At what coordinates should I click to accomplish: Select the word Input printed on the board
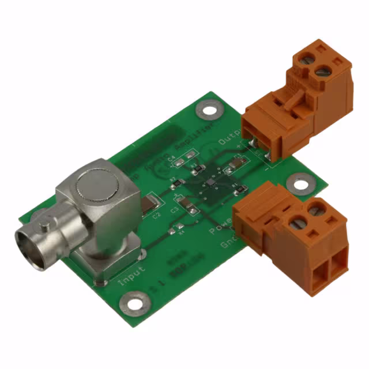point(132,276)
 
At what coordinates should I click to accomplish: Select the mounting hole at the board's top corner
point(208,108)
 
